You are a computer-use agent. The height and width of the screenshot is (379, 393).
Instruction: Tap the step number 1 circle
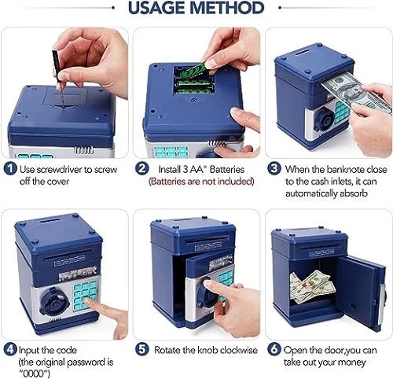point(9,167)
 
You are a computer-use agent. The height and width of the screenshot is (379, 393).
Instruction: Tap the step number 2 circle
point(143,167)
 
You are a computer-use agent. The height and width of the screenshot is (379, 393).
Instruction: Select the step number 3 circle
point(275,167)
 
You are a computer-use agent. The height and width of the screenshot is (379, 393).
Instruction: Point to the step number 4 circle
point(9,348)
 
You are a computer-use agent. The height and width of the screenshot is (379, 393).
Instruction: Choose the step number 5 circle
point(143,348)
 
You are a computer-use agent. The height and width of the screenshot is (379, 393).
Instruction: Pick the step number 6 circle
point(275,348)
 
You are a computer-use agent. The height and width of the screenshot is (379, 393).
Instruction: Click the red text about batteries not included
point(202,182)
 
